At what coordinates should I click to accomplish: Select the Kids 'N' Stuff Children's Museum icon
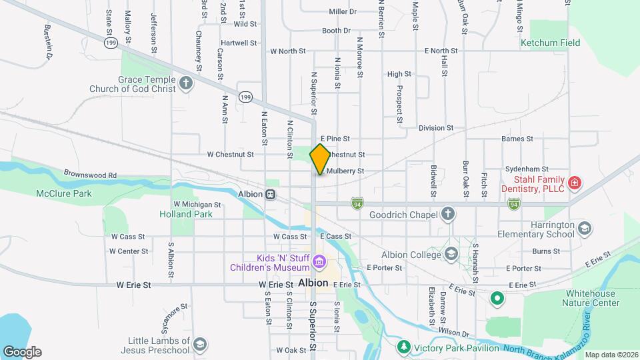(x=319, y=261)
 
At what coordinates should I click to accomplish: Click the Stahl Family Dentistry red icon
(x=574, y=182)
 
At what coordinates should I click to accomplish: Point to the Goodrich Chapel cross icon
(x=449, y=214)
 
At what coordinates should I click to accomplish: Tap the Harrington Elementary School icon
(x=585, y=228)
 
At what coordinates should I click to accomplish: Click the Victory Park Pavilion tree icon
(x=403, y=347)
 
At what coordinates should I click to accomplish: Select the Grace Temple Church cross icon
(x=186, y=83)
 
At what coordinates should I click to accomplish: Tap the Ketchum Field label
(x=550, y=43)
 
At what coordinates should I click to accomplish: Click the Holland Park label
(x=186, y=214)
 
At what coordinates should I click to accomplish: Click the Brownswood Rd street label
(x=90, y=175)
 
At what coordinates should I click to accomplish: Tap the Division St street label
(x=436, y=127)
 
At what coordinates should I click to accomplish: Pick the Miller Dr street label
(x=343, y=11)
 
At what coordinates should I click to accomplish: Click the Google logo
(x=21, y=352)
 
